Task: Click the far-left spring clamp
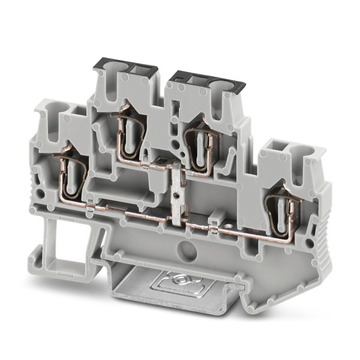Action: point(71,175)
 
